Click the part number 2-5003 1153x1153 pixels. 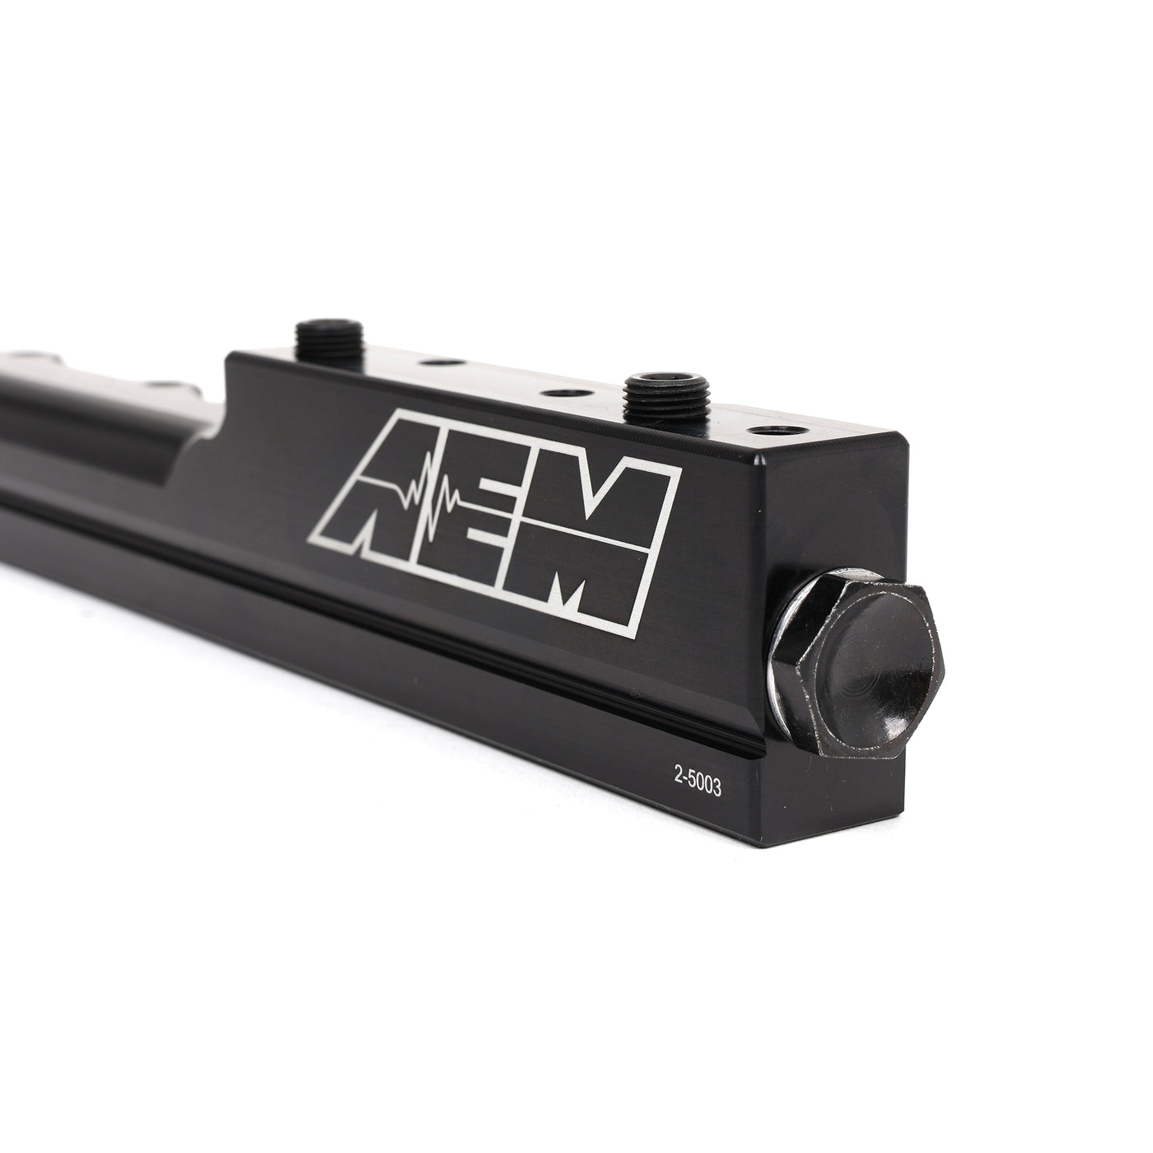[x=698, y=787]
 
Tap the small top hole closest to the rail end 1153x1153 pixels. [x=770, y=431]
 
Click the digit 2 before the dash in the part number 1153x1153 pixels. [x=678, y=785]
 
